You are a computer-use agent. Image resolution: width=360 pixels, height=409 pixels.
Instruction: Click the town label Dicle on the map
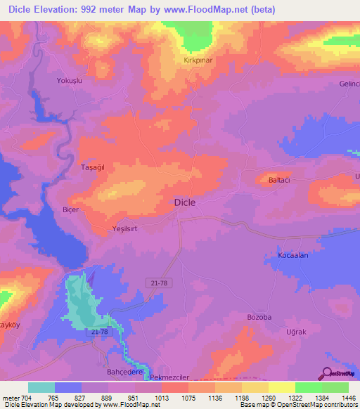(x=184, y=202)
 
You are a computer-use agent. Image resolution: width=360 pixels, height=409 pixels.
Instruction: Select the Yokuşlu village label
(x=70, y=81)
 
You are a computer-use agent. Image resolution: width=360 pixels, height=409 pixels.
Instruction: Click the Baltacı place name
(x=280, y=181)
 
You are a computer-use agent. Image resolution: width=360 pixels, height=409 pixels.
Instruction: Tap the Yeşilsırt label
(x=128, y=230)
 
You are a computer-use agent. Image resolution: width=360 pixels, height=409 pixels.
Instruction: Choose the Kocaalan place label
(x=293, y=256)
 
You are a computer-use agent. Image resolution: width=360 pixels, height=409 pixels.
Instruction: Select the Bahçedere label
(x=124, y=372)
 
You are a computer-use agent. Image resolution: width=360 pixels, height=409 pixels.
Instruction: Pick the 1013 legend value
(x=162, y=397)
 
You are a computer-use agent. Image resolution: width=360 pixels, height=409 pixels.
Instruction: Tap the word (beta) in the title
(x=259, y=10)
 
